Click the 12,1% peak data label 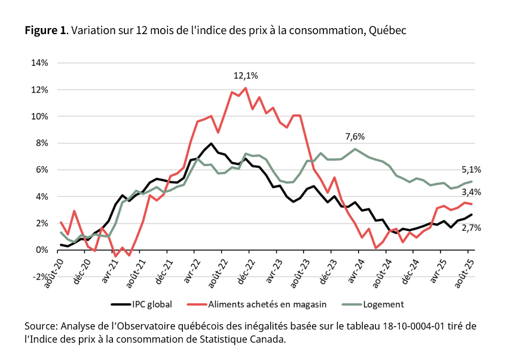pos(246,76)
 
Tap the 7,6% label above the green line pos(355,137)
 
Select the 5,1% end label pos(472,169)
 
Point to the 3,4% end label pos(472,192)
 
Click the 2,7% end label pos(472,228)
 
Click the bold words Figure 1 pos(45,30)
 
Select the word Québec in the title pos(387,30)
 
